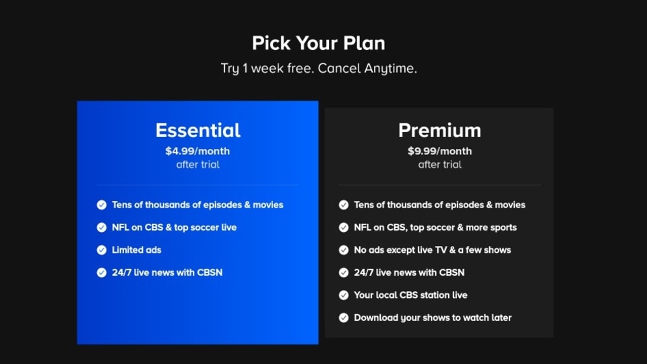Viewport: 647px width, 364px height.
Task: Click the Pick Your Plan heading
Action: pos(319,43)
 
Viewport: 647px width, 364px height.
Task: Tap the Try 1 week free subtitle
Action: pos(319,69)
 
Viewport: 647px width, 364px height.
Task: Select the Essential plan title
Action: pos(197,130)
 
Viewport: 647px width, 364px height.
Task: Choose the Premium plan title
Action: pos(439,130)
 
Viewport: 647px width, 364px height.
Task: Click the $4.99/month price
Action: pos(197,151)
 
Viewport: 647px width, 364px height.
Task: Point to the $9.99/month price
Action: pos(439,151)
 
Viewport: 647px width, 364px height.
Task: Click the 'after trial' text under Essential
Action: pos(197,164)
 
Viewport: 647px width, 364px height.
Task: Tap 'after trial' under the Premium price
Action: pos(439,164)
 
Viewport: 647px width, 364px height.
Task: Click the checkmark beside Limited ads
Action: pos(102,250)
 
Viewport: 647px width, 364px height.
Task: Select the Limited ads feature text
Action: pos(137,250)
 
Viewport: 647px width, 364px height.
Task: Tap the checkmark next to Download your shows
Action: pos(344,317)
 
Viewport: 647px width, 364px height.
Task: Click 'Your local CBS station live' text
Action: pos(410,295)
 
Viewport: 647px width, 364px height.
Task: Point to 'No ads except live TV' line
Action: pos(433,250)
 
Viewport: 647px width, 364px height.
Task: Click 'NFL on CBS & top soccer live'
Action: pos(174,227)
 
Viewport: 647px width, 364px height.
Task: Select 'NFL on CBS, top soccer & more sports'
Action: pos(435,227)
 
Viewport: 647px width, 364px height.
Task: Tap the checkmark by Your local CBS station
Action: pos(344,295)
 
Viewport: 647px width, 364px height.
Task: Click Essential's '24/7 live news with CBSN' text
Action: pos(167,272)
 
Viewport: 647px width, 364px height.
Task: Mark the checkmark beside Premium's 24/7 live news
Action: pos(344,272)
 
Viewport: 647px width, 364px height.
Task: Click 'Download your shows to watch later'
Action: pos(433,317)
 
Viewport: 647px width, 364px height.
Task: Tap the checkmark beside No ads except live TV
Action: pos(344,250)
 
